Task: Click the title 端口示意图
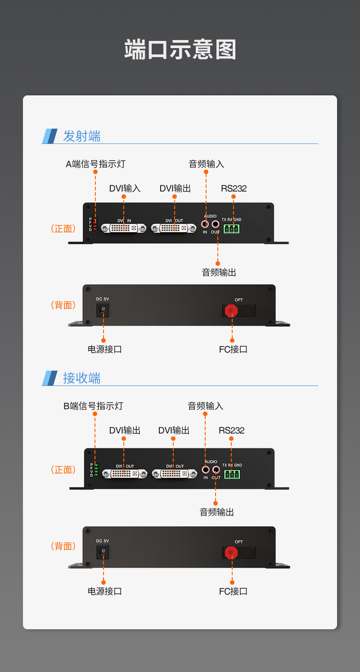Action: pyautogui.click(x=180, y=49)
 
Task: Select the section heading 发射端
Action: pyautogui.click(x=81, y=136)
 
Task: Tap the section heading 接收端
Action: pyautogui.click(x=81, y=378)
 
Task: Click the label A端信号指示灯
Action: pyautogui.click(x=95, y=164)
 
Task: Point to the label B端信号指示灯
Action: pyautogui.click(x=93, y=406)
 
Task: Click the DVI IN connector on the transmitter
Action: pyautogui.click(x=124, y=228)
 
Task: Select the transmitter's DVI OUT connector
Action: pyautogui.click(x=174, y=228)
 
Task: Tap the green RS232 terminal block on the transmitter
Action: pyautogui.click(x=231, y=228)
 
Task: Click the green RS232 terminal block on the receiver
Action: pyautogui.click(x=232, y=474)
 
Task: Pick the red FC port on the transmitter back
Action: pyautogui.click(x=232, y=310)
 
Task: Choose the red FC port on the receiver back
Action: pyautogui.click(x=231, y=552)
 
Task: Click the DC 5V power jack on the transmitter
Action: pyautogui.click(x=103, y=309)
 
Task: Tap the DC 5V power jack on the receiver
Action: pyautogui.click(x=103, y=551)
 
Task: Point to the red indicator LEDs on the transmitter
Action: pyautogui.click(x=95, y=225)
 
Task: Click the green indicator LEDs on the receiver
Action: pyautogui.click(x=96, y=470)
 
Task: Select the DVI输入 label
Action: pyautogui.click(x=125, y=188)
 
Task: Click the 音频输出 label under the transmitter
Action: pyautogui.click(x=219, y=272)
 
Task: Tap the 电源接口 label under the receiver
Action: pyautogui.click(x=104, y=591)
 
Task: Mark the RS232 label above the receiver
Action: pyautogui.click(x=231, y=430)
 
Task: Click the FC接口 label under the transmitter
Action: pyautogui.click(x=233, y=349)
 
